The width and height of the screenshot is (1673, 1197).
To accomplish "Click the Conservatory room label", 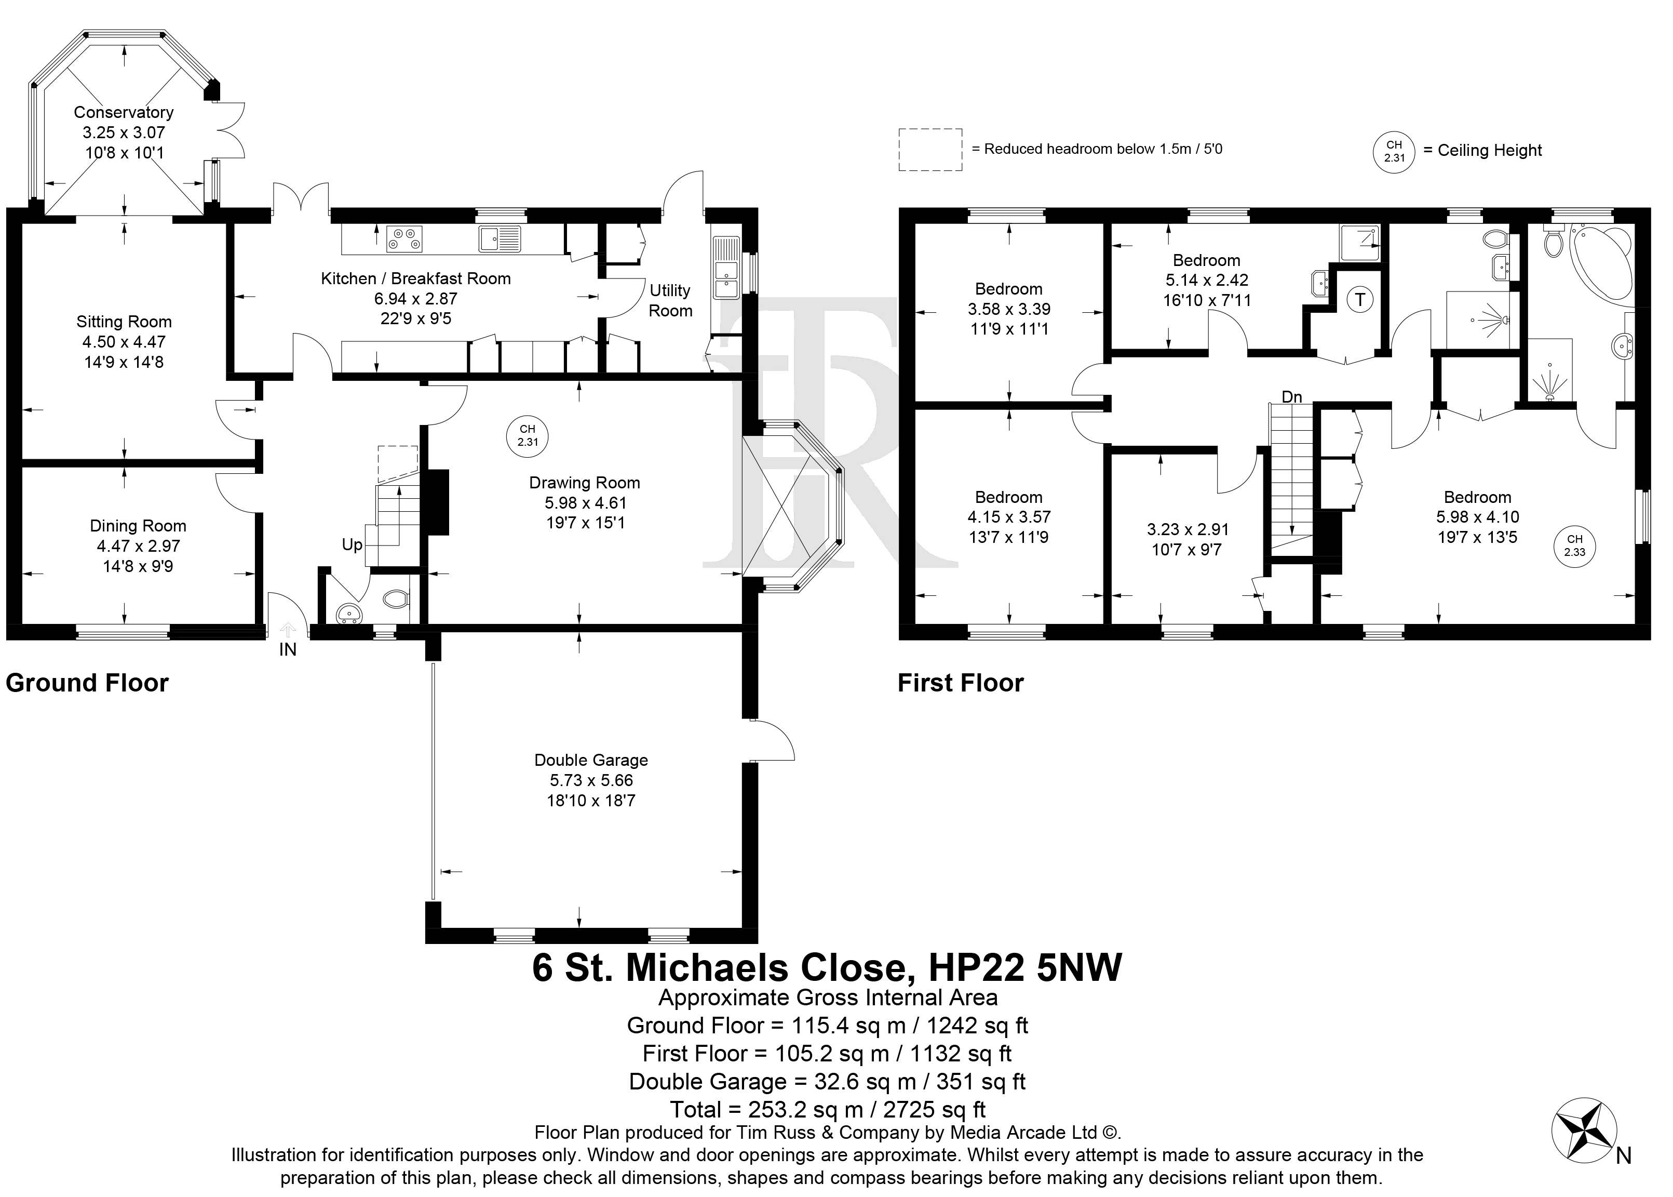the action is [124, 113].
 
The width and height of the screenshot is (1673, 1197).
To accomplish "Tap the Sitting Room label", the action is [124, 322].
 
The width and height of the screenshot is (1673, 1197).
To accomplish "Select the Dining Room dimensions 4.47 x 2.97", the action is [139, 546].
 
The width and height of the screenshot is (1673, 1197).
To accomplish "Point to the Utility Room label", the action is [670, 301].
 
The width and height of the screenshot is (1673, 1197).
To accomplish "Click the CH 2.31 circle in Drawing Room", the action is [528, 435].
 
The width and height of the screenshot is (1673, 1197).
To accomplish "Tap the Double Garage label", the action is [591, 760].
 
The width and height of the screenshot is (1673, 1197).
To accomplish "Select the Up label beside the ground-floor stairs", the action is [352, 544].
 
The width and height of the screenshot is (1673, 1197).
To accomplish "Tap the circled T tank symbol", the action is [1360, 300].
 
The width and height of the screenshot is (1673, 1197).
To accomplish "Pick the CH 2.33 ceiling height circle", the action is [1574, 546].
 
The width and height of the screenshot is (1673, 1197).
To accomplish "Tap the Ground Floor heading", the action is [87, 683].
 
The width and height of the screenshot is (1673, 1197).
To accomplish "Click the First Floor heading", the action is [961, 683].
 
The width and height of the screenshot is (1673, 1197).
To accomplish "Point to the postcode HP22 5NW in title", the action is [1026, 968].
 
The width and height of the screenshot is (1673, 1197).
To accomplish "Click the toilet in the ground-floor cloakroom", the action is [396, 599].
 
